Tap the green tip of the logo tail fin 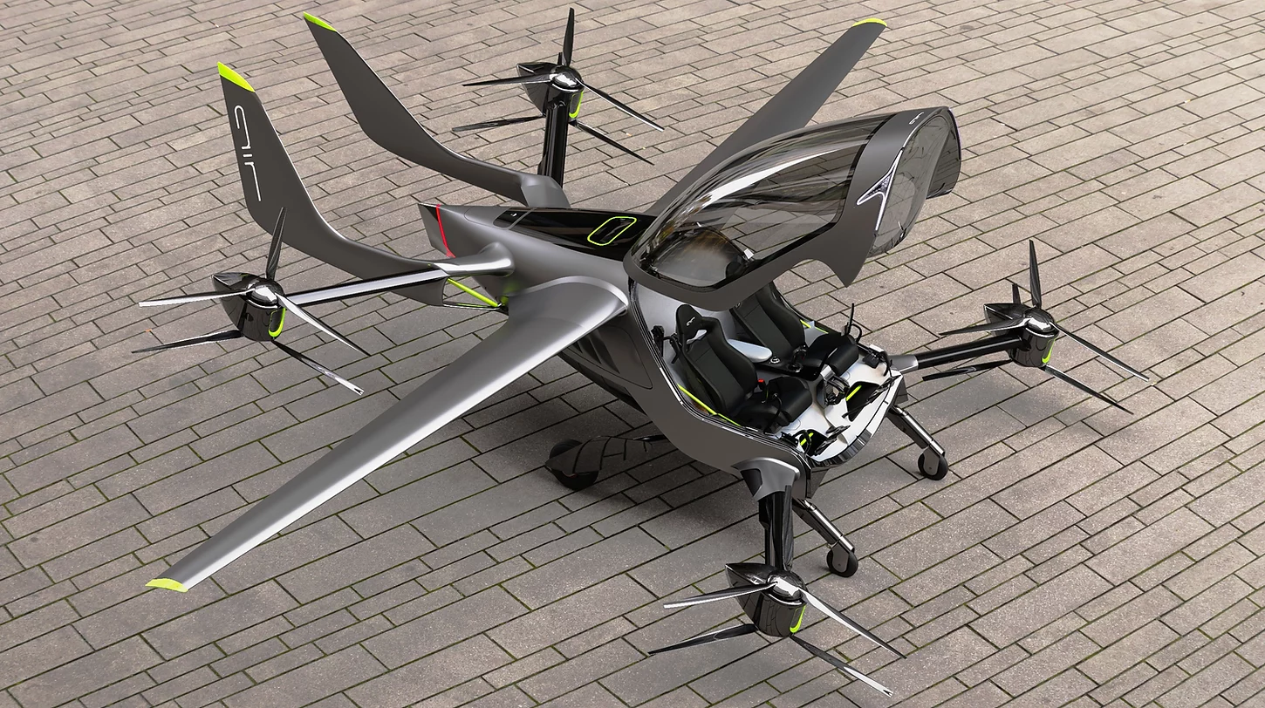click(x=235, y=77)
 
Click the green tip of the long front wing click(x=168, y=585)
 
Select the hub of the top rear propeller click(x=564, y=78)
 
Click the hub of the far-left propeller click(x=264, y=293)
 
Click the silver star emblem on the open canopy click(x=882, y=187)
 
